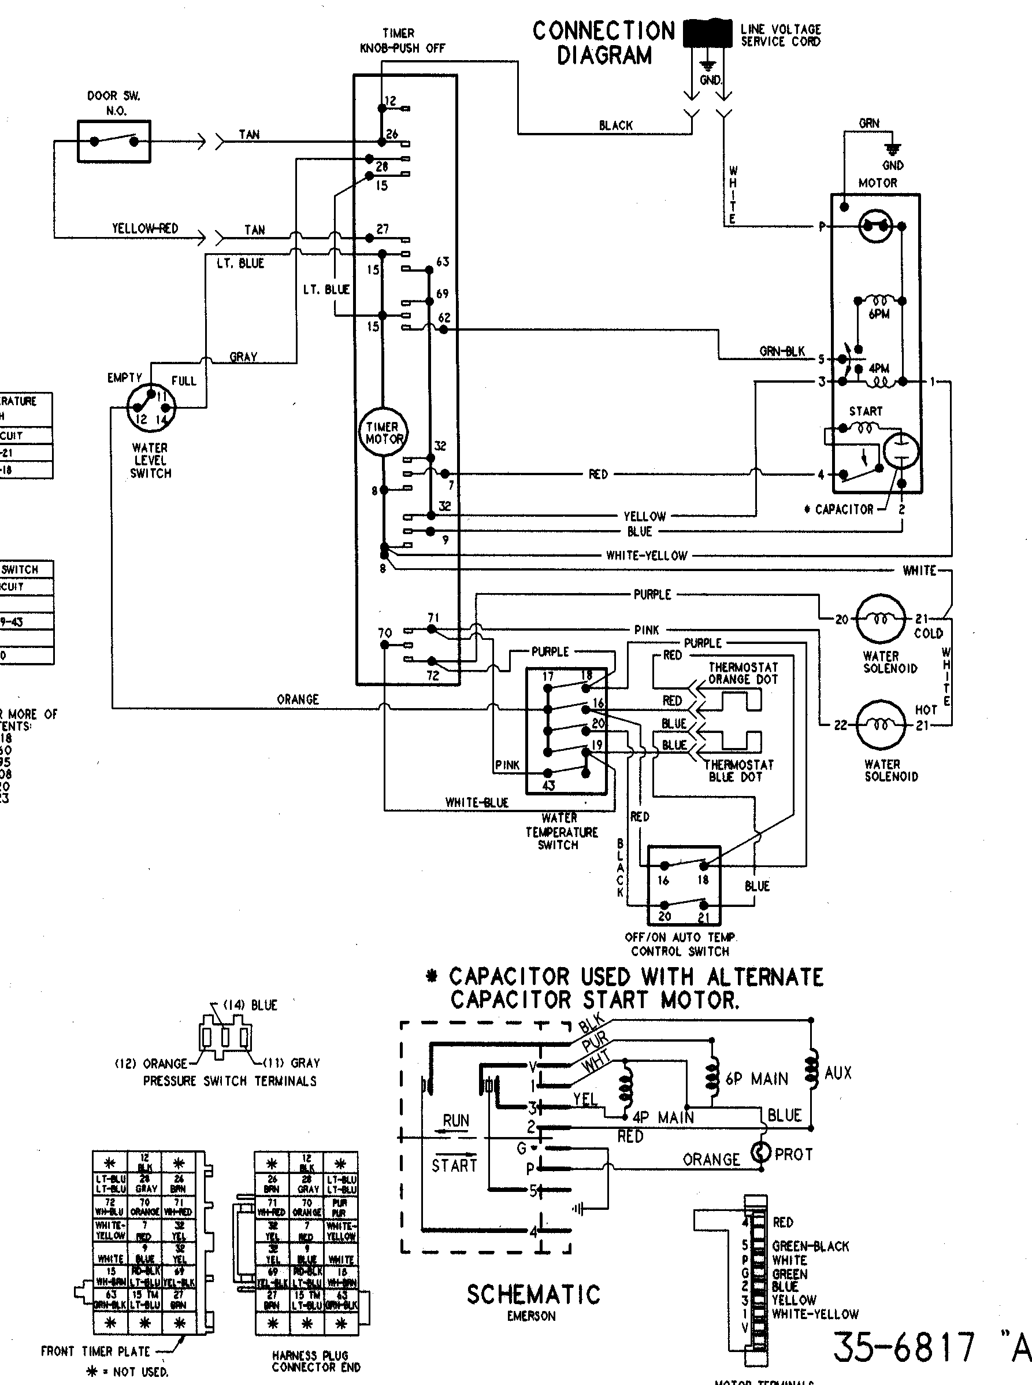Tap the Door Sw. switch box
point(114,141)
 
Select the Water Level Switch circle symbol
point(151,408)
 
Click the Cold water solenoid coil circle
point(880,619)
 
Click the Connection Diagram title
point(603,43)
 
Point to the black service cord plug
point(708,32)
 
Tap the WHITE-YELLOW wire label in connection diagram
point(647,556)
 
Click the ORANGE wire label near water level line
point(298,699)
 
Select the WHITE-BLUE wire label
point(477,802)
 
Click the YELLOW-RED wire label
point(145,229)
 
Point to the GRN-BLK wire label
point(782,351)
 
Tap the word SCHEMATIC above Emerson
point(533,1294)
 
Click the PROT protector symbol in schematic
point(761,1152)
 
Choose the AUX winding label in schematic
point(838,1073)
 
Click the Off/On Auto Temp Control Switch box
point(684,885)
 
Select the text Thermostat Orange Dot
point(743,673)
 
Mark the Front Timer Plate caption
point(95,1351)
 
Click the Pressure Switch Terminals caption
point(230,1080)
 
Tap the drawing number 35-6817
point(903,1347)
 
